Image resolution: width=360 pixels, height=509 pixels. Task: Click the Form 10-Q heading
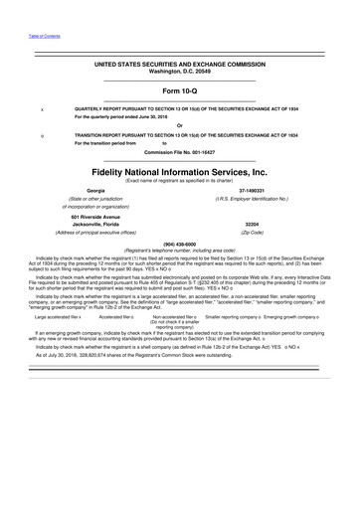coord(180,89)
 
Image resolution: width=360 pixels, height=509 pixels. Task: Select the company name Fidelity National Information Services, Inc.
coord(180,170)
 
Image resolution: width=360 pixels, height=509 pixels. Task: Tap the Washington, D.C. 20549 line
coord(180,70)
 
